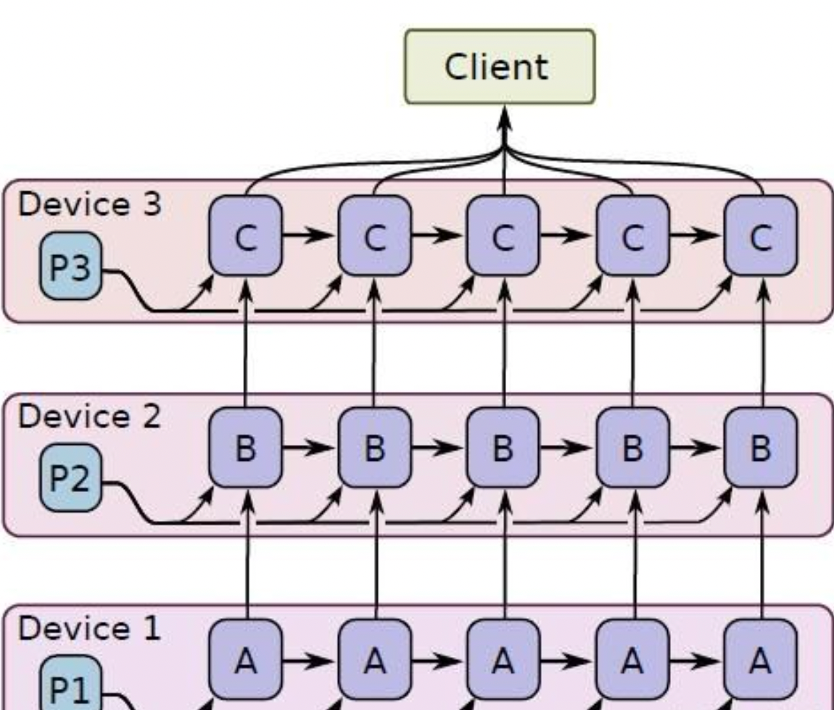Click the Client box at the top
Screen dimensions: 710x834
click(499, 67)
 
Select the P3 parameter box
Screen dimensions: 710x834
click(70, 266)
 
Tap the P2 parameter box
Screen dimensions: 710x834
click(70, 478)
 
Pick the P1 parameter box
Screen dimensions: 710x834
click(70, 685)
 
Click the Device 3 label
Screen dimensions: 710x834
click(90, 205)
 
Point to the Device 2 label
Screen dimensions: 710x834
click(90, 417)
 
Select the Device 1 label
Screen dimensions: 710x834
click(90, 629)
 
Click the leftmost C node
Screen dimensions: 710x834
click(245, 236)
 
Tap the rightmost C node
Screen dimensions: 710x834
click(760, 236)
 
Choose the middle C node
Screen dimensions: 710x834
click(503, 236)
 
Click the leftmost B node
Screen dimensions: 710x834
click(245, 448)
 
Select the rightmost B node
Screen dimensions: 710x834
click(760, 448)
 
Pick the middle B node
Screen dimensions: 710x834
click(503, 448)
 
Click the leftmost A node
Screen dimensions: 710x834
click(245, 659)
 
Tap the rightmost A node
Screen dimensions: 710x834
click(760, 659)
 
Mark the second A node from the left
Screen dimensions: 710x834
click(374, 659)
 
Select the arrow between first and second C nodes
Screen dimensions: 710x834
click(310, 236)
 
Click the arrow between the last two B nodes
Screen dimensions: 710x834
click(696, 448)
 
